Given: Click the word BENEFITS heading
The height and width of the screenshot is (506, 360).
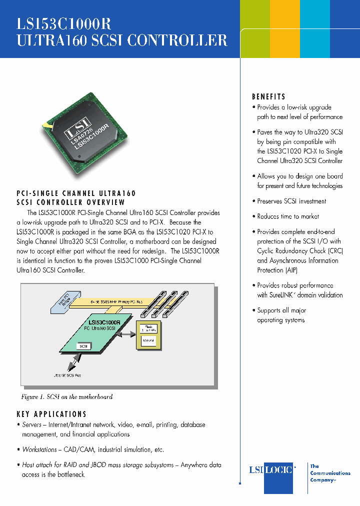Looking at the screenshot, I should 268,97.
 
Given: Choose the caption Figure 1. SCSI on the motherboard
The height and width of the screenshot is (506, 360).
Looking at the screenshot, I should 66,397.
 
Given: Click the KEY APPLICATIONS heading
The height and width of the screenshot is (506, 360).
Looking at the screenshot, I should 51,414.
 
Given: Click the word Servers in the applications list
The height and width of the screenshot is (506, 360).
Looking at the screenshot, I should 32,425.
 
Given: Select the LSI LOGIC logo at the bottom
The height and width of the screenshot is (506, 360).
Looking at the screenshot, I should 272,470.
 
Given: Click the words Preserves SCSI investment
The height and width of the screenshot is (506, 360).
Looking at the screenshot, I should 291,201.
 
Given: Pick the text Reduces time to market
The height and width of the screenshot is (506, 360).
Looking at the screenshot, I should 288,216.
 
